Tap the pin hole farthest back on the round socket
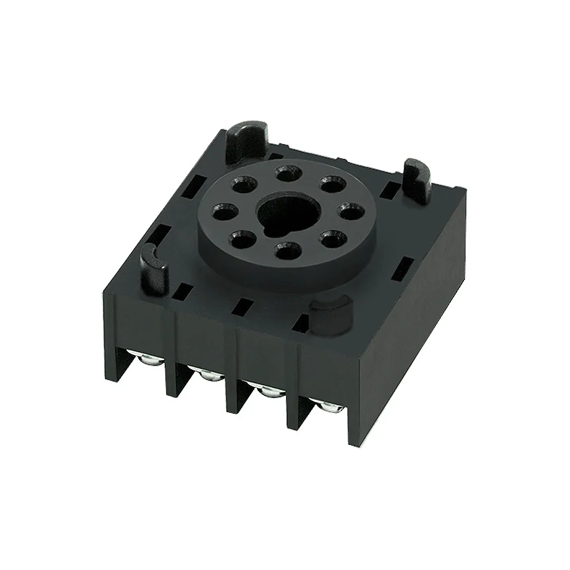coord(285,174)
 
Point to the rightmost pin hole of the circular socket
coord(347,213)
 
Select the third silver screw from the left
coord(269,391)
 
